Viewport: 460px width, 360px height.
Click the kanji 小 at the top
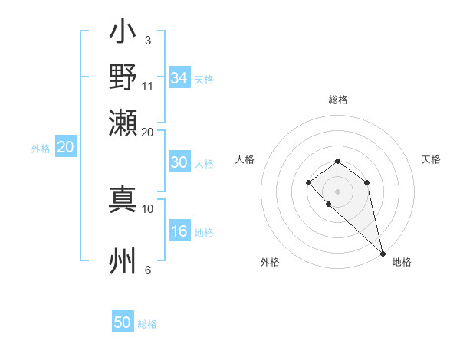tap(123, 33)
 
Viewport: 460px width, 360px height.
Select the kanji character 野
tap(123, 77)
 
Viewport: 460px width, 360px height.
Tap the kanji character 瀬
tap(123, 120)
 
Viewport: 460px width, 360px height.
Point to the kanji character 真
tap(123, 198)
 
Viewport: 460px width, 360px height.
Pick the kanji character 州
tap(123, 261)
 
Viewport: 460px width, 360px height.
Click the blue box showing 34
tap(179, 78)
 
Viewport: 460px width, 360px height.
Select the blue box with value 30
tap(179, 162)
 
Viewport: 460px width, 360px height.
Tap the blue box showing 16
tap(179, 232)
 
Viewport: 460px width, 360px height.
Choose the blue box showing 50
tap(123, 322)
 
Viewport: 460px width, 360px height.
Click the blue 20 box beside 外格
tap(65, 148)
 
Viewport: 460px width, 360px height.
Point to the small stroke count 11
tap(148, 87)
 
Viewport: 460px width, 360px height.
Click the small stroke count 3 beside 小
tap(147, 40)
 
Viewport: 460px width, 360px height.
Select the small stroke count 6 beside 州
tap(147, 270)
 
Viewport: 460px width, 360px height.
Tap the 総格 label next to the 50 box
tap(147, 324)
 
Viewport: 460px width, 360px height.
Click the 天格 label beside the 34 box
tap(204, 80)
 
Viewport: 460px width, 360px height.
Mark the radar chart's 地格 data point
tap(383, 253)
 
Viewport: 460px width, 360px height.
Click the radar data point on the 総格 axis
tap(337, 161)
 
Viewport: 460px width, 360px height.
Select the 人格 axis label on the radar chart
tap(245, 159)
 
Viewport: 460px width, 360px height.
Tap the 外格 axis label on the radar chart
tap(270, 263)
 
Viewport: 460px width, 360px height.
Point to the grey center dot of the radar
tap(337, 190)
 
